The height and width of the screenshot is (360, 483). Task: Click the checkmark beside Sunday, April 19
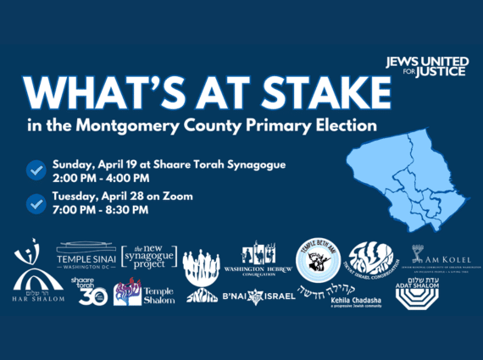click(36, 169)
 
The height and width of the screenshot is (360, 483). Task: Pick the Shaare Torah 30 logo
click(88, 291)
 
